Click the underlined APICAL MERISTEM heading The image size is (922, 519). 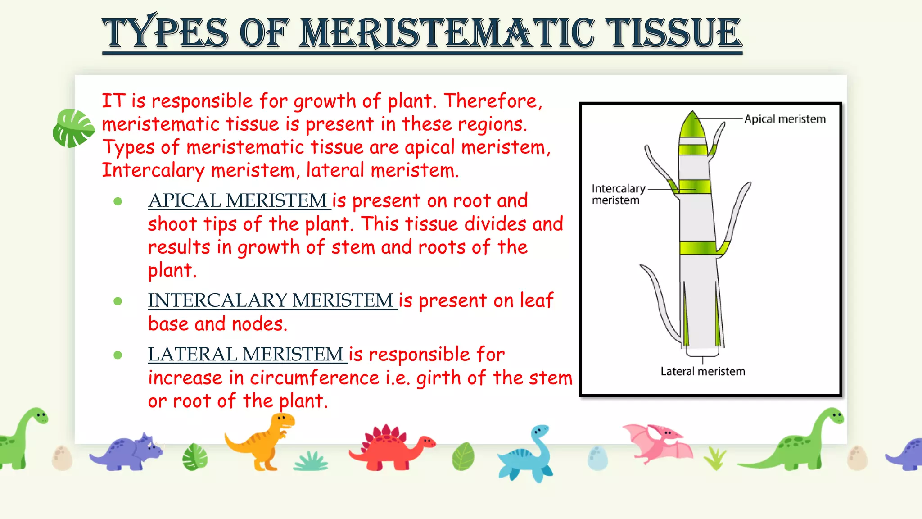238,201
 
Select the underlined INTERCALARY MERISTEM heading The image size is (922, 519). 271,301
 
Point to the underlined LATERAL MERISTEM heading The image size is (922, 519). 246,355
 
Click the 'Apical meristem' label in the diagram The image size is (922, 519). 785,119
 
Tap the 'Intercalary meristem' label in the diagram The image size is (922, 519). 618,194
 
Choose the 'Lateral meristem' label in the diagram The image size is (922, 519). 702,371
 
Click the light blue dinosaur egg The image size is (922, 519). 597,458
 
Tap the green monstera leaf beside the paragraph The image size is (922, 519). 72,128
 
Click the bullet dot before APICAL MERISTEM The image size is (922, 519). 118,201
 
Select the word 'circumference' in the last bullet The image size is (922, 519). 315,378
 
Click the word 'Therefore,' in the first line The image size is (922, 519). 493,101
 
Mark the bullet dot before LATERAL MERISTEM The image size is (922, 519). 118,355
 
